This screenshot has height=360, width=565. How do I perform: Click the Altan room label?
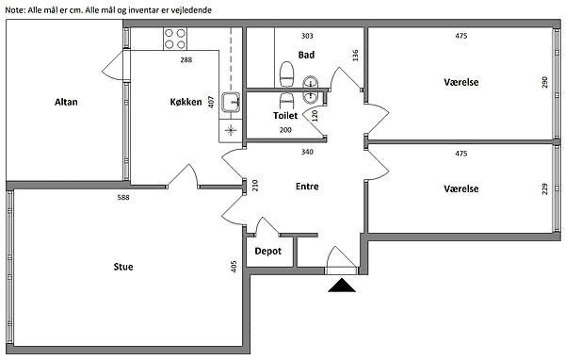pos(66,102)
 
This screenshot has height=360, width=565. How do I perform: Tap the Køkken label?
pos(186,102)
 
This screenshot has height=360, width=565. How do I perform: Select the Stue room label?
pos(123,267)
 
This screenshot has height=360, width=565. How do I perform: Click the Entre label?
pos(307,187)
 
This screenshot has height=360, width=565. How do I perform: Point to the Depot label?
pos(268,251)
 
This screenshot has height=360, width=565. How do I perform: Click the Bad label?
pos(306,55)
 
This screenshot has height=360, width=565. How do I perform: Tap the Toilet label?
pos(285,115)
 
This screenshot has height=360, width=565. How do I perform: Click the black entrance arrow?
pos(342,285)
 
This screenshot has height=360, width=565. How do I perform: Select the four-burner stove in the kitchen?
pos(175,39)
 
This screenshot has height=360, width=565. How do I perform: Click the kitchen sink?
pos(231,102)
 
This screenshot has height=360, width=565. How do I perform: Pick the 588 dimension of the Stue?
pos(123,197)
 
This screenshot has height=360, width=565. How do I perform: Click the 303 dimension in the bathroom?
pos(307,36)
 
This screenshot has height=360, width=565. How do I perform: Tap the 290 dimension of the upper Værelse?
pos(544,82)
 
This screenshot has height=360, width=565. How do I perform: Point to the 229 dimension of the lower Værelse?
pos(544,189)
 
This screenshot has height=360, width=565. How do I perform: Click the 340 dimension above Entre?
pos(307,152)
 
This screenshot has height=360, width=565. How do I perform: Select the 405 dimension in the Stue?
pos(234,267)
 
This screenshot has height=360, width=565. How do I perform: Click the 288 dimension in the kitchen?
pos(186,60)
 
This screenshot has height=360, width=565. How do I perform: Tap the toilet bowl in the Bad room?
pos(287,74)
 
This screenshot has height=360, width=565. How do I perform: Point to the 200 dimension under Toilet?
pos(285,130)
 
